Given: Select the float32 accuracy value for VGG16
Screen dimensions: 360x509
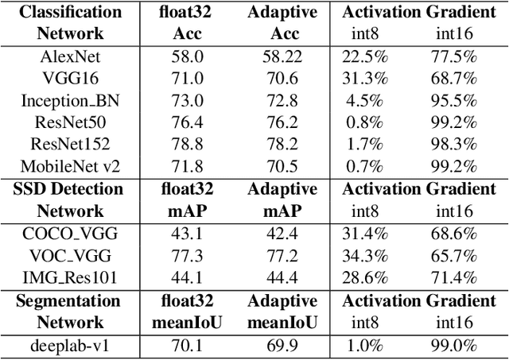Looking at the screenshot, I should [188, 77].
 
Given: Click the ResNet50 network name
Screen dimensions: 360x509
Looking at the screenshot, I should [69, 122].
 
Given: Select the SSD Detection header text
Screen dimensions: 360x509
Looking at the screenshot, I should [69, 189].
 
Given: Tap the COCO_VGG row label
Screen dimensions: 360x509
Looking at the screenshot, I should [69, 234].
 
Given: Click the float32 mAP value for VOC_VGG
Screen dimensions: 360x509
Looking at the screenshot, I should [188, 256].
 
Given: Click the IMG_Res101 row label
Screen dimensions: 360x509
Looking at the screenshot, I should [69, 278].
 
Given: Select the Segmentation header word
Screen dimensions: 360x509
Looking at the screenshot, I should [69, 300].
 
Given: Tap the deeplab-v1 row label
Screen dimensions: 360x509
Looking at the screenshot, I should [69, 345].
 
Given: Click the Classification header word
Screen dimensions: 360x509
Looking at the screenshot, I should [69, 12].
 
